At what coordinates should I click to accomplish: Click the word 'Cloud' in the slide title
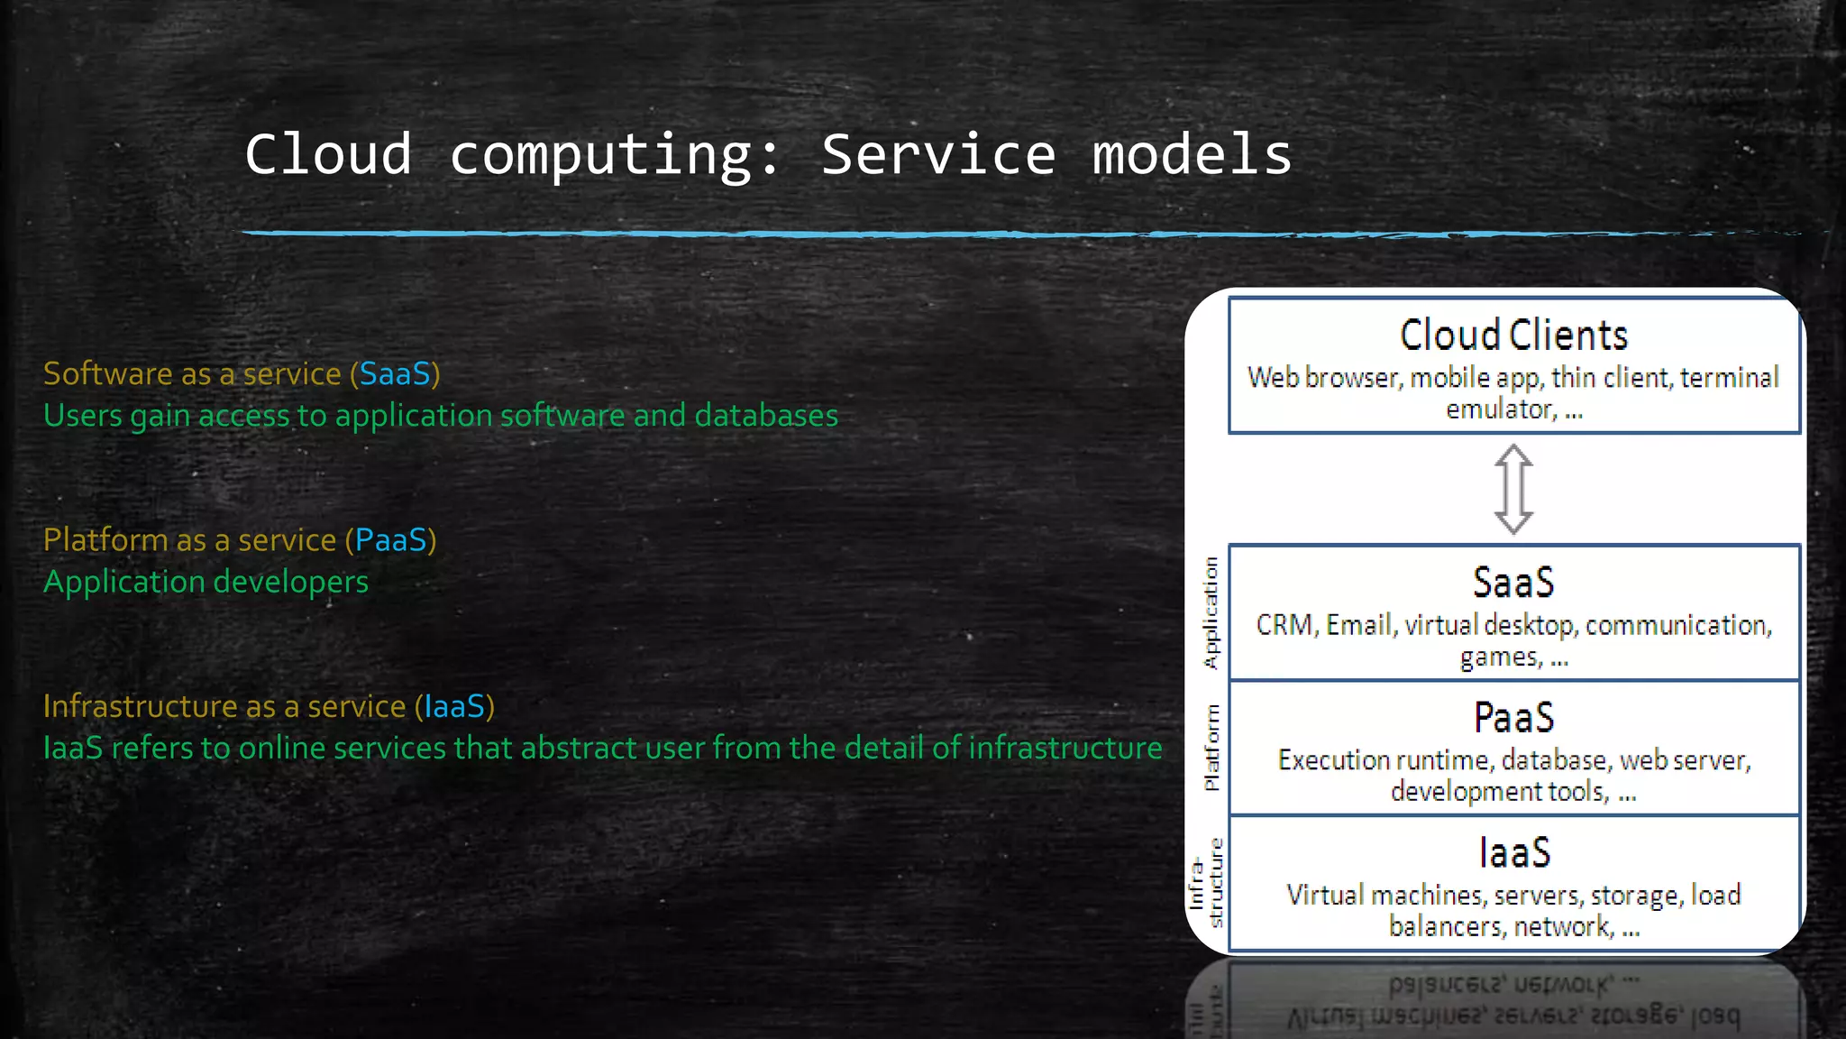click(x=328, y=154)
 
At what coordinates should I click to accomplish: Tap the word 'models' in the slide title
click(x=1192, y=154)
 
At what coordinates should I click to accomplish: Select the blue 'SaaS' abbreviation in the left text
click(x=395, y=374)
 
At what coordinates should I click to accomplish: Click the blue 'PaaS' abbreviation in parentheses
click(x=390, y=540)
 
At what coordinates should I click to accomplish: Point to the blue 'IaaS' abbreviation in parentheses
click(x=454, y=706)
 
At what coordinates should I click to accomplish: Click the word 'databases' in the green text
click(x=766, y=416)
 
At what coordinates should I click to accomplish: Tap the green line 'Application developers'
click(x=206, y=582)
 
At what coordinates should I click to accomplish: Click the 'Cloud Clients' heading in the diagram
click(x=1513, y=336)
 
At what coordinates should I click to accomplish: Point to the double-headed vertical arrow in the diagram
click(x=1513, y=489)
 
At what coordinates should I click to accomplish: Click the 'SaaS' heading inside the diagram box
click(x=1513, y=583)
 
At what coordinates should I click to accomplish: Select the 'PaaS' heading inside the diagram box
click(x=1513, y=718)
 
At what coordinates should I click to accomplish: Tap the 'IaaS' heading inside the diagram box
click(x=1513, y=853)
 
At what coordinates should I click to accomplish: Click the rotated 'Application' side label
click(x=1211, y=612)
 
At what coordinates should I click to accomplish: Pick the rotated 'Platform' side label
click(x=1211, y=748)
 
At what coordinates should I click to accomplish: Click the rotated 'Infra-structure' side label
click(x=1205, y=883)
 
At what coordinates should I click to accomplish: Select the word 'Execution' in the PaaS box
click(x=1333, y=760)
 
